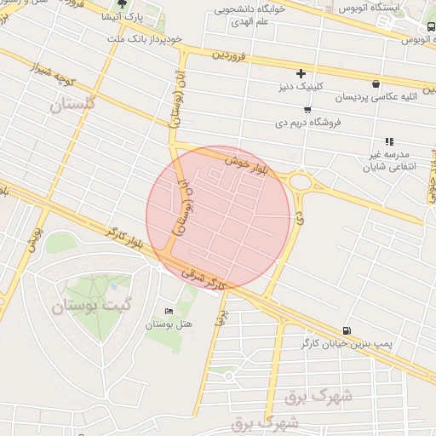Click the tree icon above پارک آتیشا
click(122, 4)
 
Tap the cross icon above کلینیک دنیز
click(301, 73)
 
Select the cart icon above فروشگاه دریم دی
click(307, 109)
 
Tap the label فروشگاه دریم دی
click(309, 122)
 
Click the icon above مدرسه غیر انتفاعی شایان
click(389, 141)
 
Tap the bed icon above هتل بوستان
click(169, 312)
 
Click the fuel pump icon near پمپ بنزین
click(346, 330)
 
